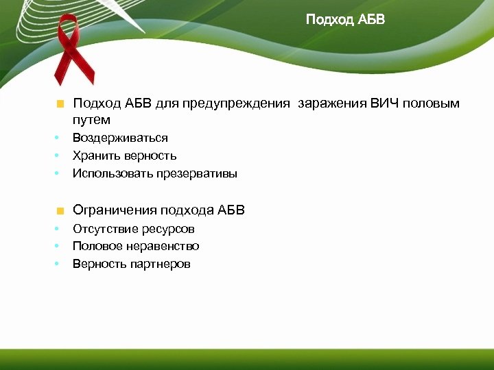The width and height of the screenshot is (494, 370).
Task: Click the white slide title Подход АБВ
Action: point(345,19)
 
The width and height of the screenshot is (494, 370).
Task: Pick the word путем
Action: point(91,120)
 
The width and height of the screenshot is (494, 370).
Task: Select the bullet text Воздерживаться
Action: point(120,138)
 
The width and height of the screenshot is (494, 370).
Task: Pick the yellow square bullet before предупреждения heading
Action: point(60,104)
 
